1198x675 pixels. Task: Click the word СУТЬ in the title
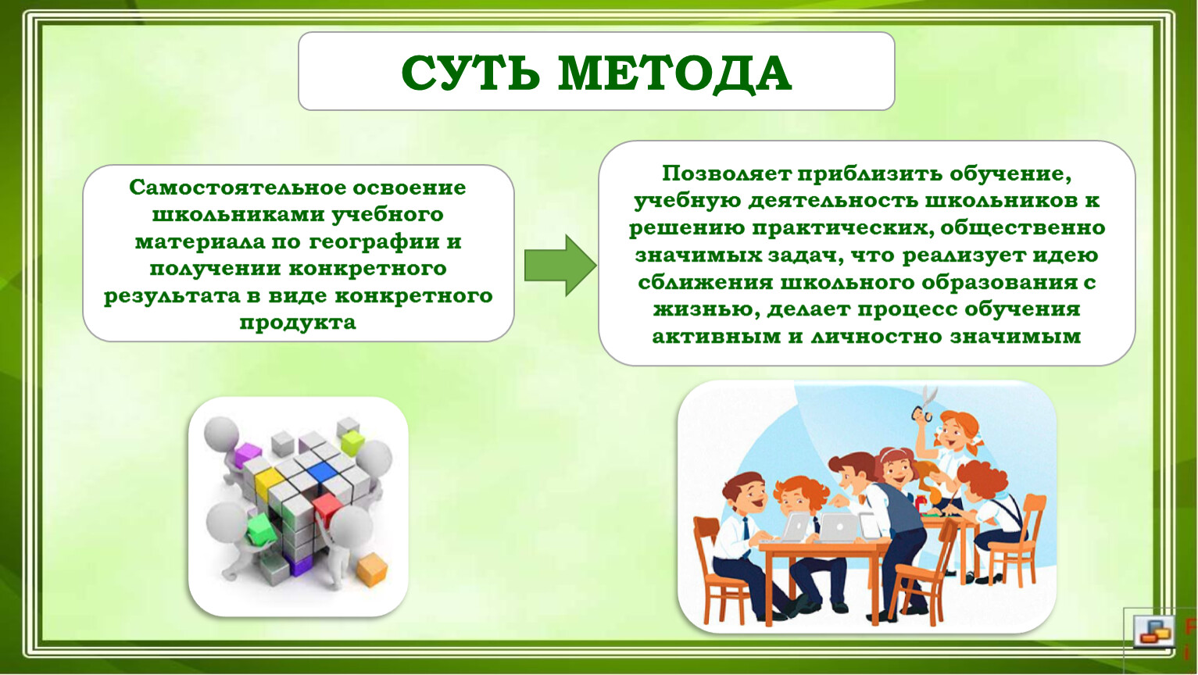(470, 73)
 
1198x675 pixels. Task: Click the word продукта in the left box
(298, 323)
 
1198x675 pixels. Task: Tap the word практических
(841, 229)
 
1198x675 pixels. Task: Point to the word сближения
(705, 283)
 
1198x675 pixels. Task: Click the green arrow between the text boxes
(560, 265)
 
